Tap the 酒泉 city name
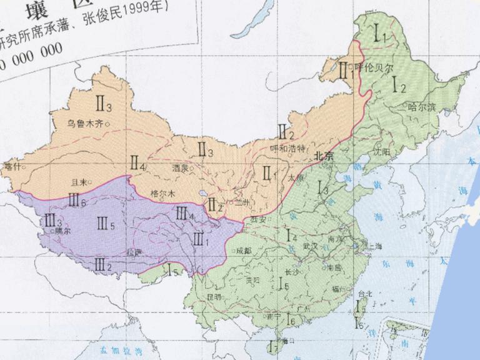tap(179, 168)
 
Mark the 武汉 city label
tap(310, 246)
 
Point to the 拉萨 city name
tap(134, 252)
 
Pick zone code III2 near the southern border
tap(103, 266)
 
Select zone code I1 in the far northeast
tap(380, 34)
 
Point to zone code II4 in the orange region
tap(137, 164)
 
